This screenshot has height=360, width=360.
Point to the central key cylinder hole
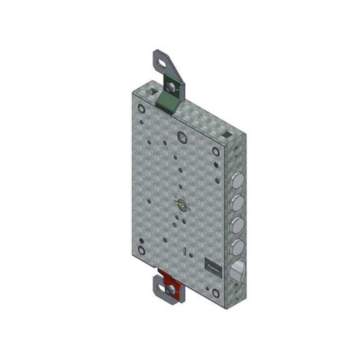tap(182, 205)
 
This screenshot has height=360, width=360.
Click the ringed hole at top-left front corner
tap(141, 109)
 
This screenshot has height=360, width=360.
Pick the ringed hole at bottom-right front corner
tap(216, 293)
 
